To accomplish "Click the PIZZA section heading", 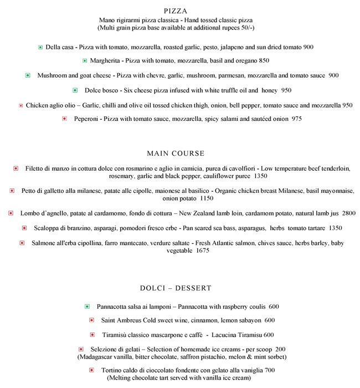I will pyautogui.click(x=176, y=11).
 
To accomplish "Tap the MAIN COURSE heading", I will pyautogui.click(x=176, y=153).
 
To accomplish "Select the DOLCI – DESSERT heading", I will pyautogui.click(x=176, y=288).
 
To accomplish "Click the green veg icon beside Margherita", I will pyautogui.click(x=85, y=60).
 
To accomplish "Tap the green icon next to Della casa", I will pyautogui.click(x=40, y=48).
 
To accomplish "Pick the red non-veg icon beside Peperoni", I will pyautogui.click(x=65, y=119).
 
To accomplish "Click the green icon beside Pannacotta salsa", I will pyautogui.click(x=87, y=307).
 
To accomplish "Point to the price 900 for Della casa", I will pyautogui.click(x=308, y=48).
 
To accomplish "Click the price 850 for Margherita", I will pyautogui.click(x=264, y=60).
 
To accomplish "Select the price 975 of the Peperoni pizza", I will pyautogui.click(x=296, y=119).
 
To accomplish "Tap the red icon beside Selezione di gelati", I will pyautogui.click(x=81, y=349).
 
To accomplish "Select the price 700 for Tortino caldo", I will pyautogui.click(x=270, y=370).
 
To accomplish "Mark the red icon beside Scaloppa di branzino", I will pyautogui.click(x=24, y=228).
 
